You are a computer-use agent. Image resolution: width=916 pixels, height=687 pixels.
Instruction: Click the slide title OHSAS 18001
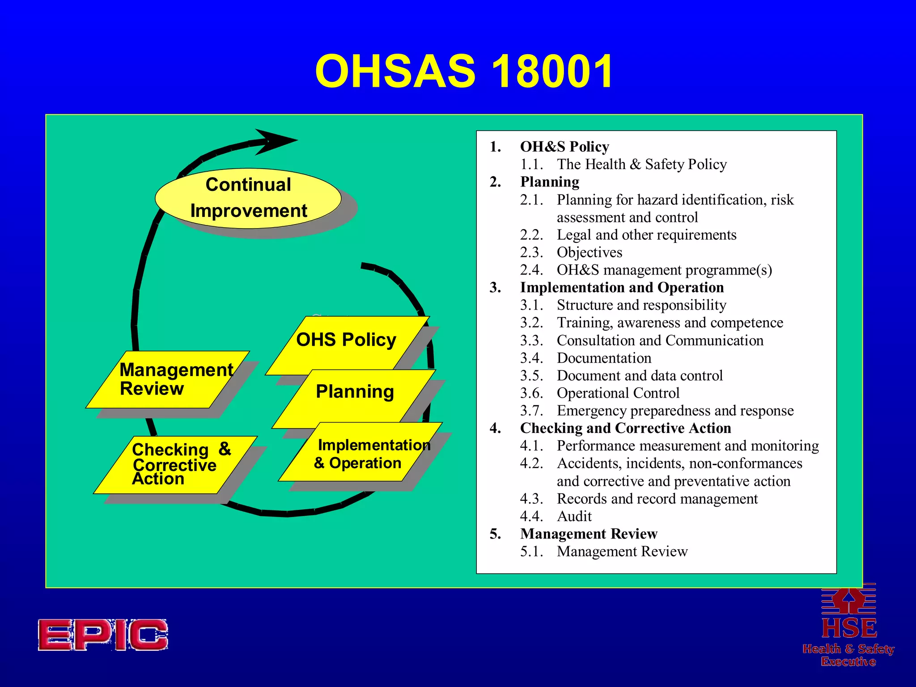pyautogui.click(x=464, y=72)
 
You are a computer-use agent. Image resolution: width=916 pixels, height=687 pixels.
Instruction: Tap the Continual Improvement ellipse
pyautogui.click(x=248, y=198)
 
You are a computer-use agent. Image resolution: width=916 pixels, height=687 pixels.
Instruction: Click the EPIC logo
pyautogui.click(x=103, y=635)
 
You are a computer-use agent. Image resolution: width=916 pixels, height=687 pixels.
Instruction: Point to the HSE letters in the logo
pyautogui.click(x=848, y=628)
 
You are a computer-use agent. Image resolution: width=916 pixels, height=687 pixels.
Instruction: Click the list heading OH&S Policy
pyautogui.click(x=564, y=147)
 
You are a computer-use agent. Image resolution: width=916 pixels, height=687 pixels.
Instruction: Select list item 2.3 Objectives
pyautogui.click(x=589, y=252)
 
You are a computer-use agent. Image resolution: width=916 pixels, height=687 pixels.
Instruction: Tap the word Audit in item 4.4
pyautogui.click(x=574, y=516)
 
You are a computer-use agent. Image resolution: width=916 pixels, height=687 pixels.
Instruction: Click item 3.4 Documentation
pyautogui.click(x=604, y=358)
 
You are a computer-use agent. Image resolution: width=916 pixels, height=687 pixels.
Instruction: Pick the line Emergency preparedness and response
pyautogui.click(x=675, y=411)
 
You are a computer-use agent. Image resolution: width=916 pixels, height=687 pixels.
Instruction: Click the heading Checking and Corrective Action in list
pyautogui.click(x=625, y=428)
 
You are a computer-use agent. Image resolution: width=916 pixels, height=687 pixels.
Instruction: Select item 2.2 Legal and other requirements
pyautogui.click(x=646, y=235)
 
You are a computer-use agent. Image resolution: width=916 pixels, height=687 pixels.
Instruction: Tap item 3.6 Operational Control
pyautogui.click(x=618, y=393)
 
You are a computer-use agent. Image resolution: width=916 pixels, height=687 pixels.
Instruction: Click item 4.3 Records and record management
pyautogui.click(x=657, y=499)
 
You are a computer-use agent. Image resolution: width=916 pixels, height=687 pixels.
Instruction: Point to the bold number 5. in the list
pyautogui.click(x=496, y=534)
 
